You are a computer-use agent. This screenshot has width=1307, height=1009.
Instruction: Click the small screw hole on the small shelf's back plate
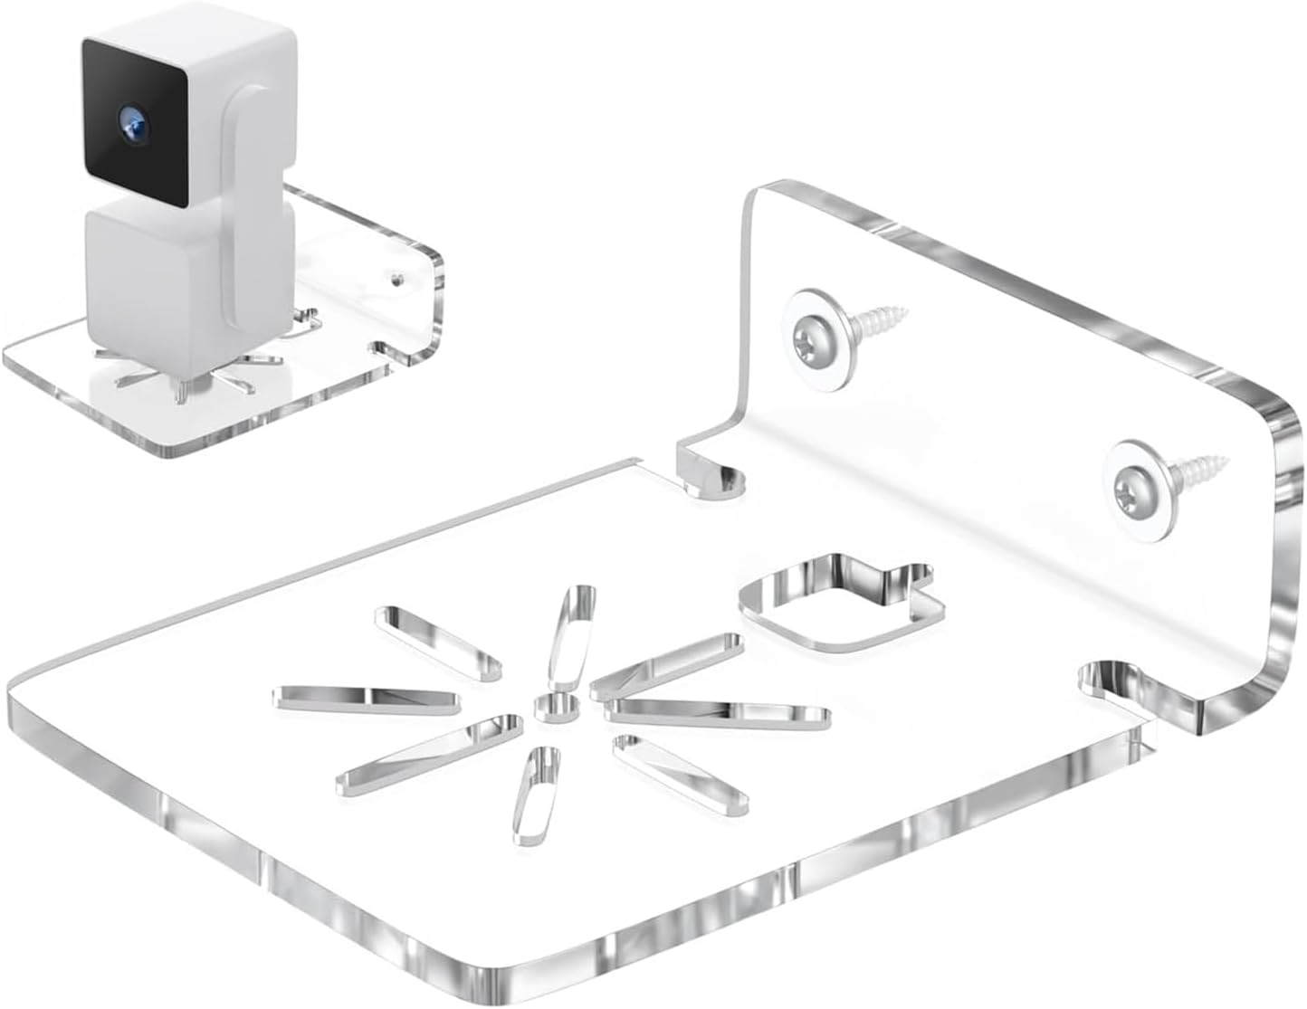tap(396, 276)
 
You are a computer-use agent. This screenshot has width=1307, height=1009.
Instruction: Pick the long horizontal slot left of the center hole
tap(367, 697)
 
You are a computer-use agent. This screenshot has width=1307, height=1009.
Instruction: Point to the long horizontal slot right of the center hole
tap(720, 712)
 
